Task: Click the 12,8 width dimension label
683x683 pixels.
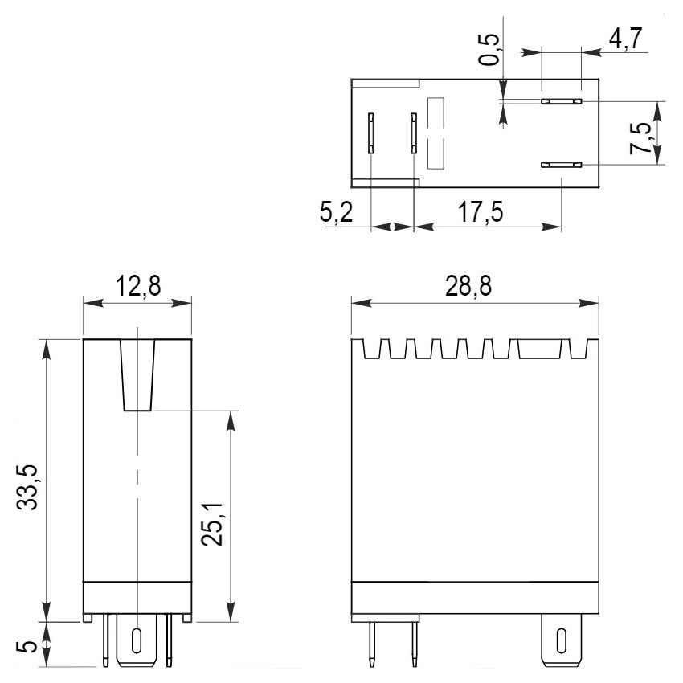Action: (138, 286)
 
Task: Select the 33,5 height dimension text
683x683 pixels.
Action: (28, 487)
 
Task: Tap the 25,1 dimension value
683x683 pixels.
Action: (212, 524)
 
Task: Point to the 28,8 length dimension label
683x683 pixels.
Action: (468, 286)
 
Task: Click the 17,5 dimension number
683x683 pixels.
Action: (481, 212)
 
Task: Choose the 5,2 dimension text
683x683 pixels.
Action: (336, 213)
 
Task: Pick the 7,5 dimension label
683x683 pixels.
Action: (640, 138)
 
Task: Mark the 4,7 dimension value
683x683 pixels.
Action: (625, 39)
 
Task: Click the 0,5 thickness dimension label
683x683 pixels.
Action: (489, 49)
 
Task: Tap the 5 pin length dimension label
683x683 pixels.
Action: (27, 646)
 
